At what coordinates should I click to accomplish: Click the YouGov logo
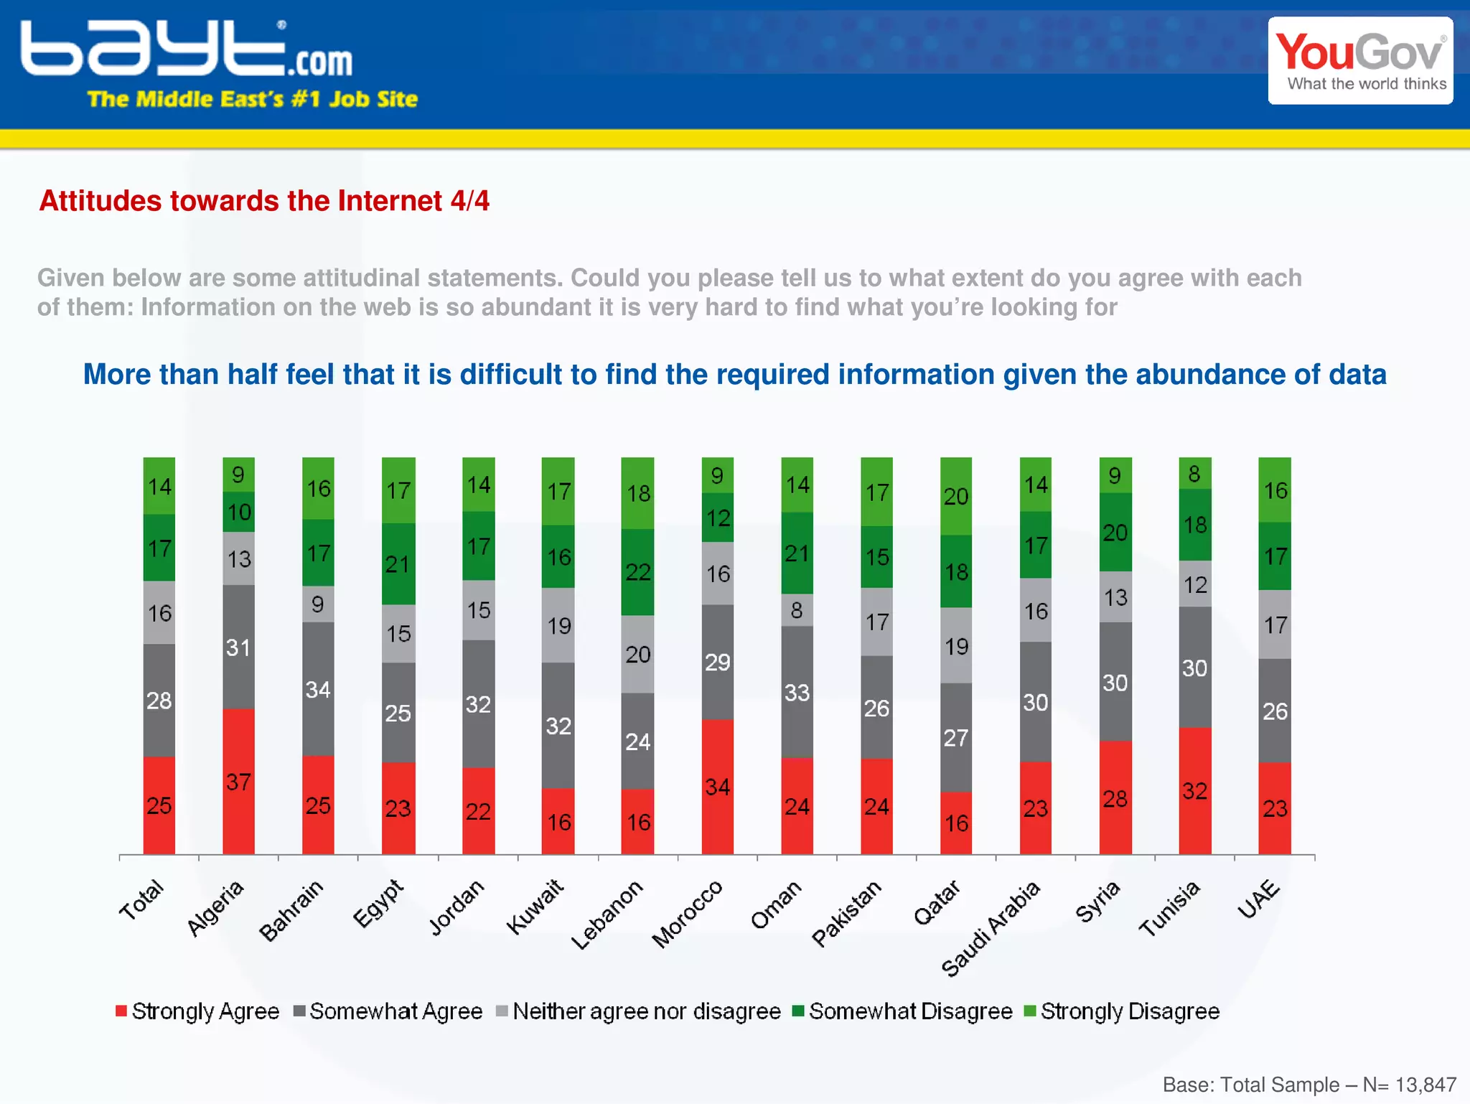click(1360, 61)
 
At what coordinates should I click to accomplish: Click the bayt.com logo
click(187, 49)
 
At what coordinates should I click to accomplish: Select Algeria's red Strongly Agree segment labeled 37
click(238, 781)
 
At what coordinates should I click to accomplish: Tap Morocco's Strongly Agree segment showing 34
click(717, 786)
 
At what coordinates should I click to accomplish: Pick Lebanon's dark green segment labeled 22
click(637, 572)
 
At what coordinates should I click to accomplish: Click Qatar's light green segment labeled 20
click(956, 496)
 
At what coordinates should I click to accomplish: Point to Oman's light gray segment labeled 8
click(797, 610)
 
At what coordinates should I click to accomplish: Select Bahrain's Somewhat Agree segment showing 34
click(318, 689)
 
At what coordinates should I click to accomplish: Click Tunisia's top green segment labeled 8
click(1194, 474)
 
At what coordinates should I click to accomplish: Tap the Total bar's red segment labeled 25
click(159, 805)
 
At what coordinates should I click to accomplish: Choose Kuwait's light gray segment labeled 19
click(558, 625)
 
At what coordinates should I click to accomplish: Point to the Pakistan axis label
click(846, 913)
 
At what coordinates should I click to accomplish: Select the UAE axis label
click(1259, 899)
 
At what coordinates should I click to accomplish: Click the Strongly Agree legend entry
click(197, 1011)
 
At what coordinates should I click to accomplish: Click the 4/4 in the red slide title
click(469, 201)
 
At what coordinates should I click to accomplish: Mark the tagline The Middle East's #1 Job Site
click(252, 99)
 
